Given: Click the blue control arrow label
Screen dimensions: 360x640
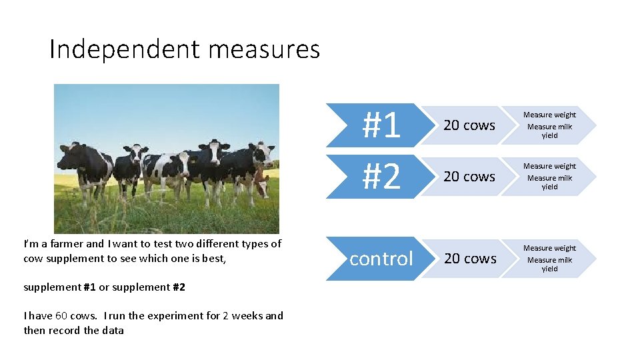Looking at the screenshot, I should pos(381,258).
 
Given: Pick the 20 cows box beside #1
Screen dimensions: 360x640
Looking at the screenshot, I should pos(469,125).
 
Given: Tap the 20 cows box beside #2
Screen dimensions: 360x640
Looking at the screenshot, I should pos(469,177).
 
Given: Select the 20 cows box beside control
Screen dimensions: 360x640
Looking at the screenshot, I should pos(470,258).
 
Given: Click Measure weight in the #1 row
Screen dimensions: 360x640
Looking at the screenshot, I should pos(549,115).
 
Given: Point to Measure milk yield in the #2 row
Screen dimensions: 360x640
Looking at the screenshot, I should pos(549,182).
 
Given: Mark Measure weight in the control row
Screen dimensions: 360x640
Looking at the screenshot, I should pos(549,248).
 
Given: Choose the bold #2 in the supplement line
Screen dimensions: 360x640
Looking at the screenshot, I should pos(178,287).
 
